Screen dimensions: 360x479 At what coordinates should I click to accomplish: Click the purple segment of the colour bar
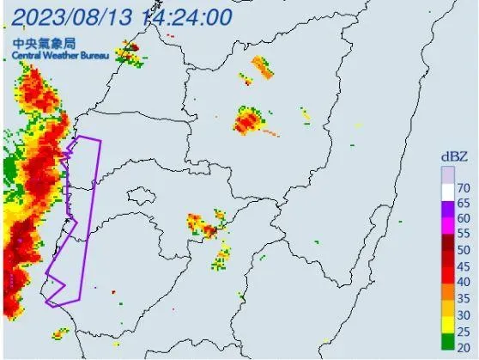tap(446, 203)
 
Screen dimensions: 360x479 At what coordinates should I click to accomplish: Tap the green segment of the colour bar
tap(446, 341)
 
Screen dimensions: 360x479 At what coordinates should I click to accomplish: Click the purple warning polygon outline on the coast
tap(100, 172)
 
